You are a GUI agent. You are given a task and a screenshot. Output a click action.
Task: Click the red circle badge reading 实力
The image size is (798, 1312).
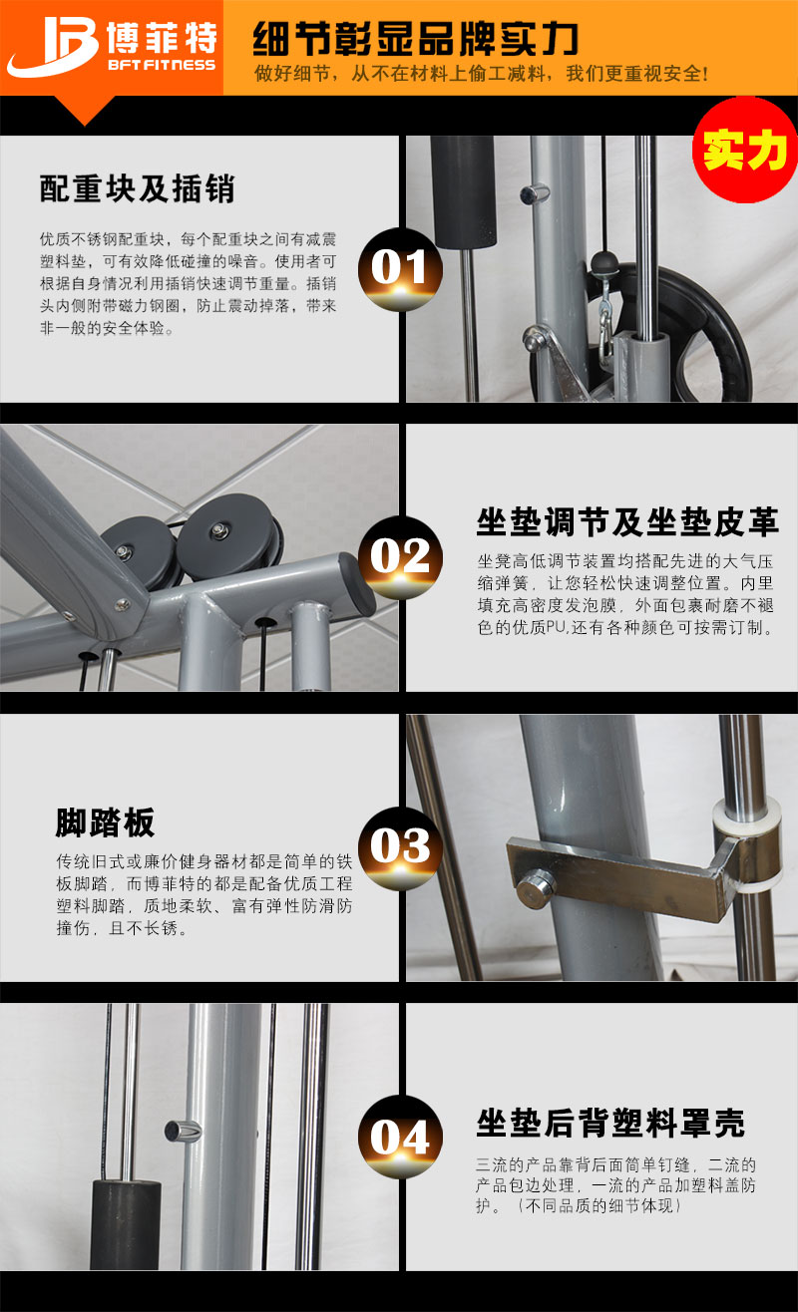click(x=745, y=150)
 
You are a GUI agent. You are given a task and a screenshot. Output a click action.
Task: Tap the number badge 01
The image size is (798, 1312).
click(x=399, y=267)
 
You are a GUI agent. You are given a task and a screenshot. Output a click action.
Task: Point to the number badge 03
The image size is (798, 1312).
click(x=399, y=847)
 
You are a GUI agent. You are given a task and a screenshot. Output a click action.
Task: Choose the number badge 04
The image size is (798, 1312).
click(x=399, y=1138)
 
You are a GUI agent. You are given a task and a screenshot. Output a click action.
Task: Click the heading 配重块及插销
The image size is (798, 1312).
click(x=138, y=187)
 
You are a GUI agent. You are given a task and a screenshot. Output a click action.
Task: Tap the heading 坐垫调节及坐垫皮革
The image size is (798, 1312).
click(x=627, y=521)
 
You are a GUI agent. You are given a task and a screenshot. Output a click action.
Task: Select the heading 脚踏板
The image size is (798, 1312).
click(x=105, y=822)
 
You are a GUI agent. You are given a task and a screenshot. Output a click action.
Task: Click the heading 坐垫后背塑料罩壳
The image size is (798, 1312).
click(x=610, y=1123)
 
